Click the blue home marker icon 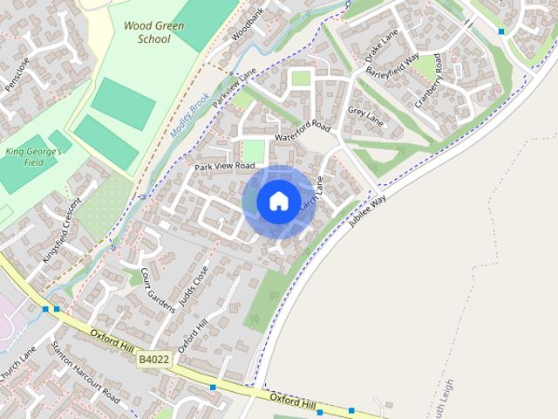[278, 202]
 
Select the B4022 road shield [152, 359]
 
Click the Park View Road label [225, 166]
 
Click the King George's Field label [34, 156]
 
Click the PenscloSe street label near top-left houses [17, 75]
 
